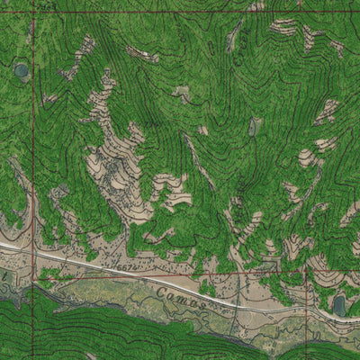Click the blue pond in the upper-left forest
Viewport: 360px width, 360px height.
click(21, 69)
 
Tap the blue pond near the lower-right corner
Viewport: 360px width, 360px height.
click(339, 305)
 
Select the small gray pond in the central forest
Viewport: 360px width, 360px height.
click(256, 127)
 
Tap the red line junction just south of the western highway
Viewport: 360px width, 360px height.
click(36, 278)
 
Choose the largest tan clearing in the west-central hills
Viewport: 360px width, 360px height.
click(112, 171)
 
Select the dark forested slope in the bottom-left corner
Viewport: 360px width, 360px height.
click(36, 333)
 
